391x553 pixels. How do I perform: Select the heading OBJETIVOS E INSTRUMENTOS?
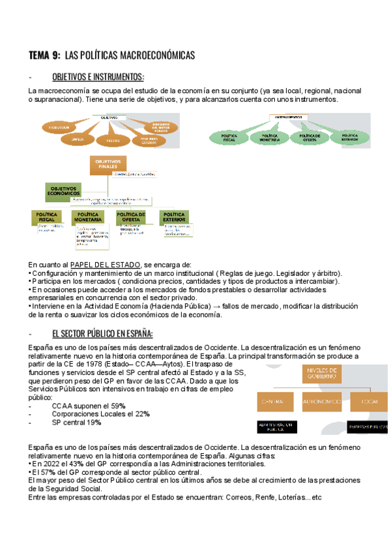point(98,76)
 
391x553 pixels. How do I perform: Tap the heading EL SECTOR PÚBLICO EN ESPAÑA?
point(102,334)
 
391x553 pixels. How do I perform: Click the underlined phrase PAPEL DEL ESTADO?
point(104,264)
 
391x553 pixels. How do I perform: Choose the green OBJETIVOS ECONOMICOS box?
point(63,190)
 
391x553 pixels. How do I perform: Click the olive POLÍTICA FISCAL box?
point(46,217)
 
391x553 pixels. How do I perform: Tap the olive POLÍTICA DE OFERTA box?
point(130,217)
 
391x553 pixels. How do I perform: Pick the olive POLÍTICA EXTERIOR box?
point(174,217)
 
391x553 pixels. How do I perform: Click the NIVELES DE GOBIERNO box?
point(320,374)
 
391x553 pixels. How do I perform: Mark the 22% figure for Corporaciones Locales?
point(142,414)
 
